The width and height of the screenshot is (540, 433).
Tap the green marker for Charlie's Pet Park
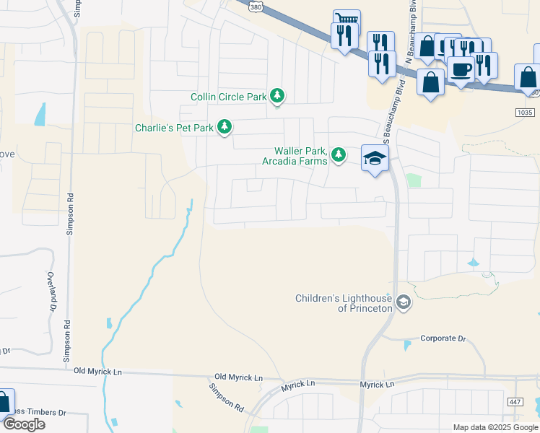[x=225, y=128]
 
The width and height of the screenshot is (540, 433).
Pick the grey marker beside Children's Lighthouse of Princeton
[x=404, y=302]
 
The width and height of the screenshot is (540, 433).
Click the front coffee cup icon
[x=461, y=69]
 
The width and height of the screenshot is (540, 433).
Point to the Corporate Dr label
[x=443, y=338]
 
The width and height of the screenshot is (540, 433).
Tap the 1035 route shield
[x=526, y=113]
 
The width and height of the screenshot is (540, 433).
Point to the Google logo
[x=24, y=424]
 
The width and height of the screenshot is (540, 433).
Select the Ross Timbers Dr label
[x=40, y=412]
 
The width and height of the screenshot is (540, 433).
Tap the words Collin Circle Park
[x=229, y=97]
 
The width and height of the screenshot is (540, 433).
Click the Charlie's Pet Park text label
[x=174, y=128]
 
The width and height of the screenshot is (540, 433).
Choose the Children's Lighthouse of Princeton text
[x=344, y=303]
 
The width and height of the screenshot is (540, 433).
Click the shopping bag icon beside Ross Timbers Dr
[x=4, y=403]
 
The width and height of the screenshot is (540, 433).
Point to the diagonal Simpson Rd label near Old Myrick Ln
[x=227, y=396]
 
